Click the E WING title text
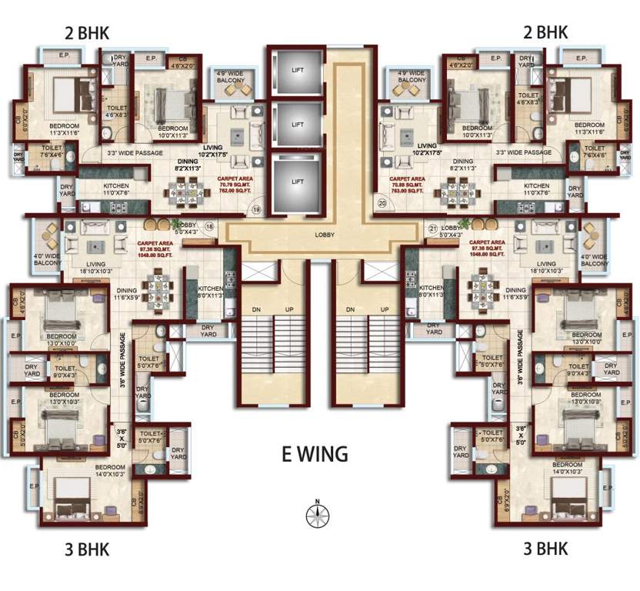pyautogui.click(x=314, y=453)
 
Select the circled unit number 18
pyautogui.click(x=208, y=225)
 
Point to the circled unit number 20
pyautogui.click(x=382, y=203)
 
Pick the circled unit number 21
pyautogui.click(x=432, y=229)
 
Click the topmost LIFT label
pyautogui.click(x=297, y=70)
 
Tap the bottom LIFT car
pyautogui.click(x=297, y=182)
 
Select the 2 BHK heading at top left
pyautogui.click(x=88, y=32)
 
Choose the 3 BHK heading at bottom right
pyautogui.click(x=545, y=549)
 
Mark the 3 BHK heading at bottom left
pyautogui.click(x=88, y=549)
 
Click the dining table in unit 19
pyautogui.click(x=187, y=189)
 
